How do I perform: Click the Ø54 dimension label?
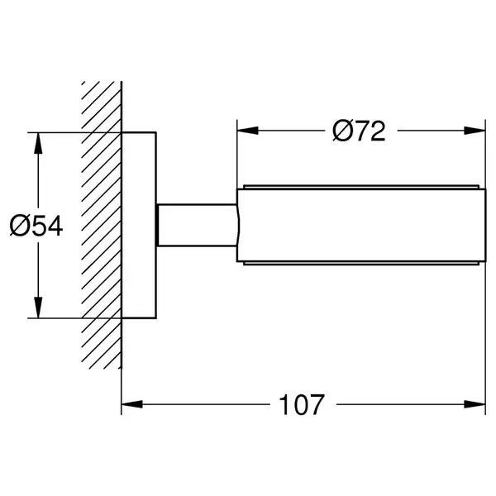[x=36, y=226]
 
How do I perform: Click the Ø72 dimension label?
[x=359, y=131]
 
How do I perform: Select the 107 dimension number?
[x=302, y=404]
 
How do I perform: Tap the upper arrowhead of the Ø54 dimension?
[x=38, y=143]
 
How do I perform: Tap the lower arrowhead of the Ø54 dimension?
[x=38, y=308]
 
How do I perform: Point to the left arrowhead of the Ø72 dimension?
[x=248, y=131]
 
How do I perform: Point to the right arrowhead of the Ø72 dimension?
[x=475, y=131]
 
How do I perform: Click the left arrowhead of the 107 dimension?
[x=132, y=404]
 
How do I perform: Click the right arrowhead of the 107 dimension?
[x=475, y=404]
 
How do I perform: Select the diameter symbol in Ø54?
[x=20, y=226]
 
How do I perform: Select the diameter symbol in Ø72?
[x=343, y=131]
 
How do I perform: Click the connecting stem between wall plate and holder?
[x=197, y=225]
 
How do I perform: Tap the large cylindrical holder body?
[x=361, y=225]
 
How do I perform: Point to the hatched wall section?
[x=101, y=225]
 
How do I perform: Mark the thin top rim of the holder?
[x=361, y=187]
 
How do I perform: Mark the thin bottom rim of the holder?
[x=361, y=263]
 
